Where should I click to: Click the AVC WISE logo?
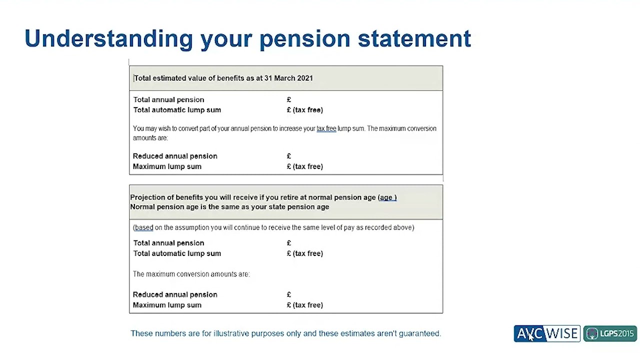coord(547,333)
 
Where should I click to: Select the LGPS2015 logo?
coord(610,333)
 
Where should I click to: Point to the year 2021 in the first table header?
coord(304,78)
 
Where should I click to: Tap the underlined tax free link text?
coord(326,128)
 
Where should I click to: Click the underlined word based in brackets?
coord(144,227)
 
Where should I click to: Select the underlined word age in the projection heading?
coord(386,197)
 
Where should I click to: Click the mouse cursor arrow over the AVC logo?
coord(531,336)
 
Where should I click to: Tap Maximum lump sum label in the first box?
coord(167,166)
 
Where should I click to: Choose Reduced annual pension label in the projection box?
coord(175,294)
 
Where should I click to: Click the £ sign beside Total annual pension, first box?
coord(289,99)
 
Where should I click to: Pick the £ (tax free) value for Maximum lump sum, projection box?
coord(305,305)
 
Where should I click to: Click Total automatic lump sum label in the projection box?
coord(177,253)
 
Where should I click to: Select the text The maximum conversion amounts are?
coord(191,274)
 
